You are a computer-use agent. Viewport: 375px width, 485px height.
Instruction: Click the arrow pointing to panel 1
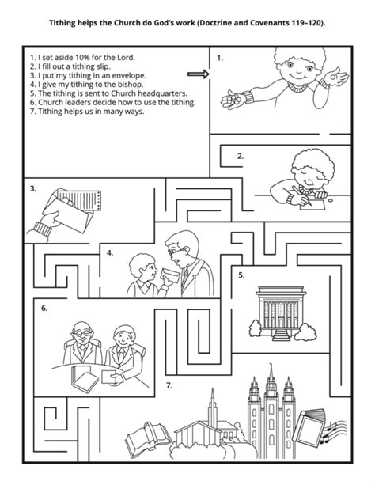199,75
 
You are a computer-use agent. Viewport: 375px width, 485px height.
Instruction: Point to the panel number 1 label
220,59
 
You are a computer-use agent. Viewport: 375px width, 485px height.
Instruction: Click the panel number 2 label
241,157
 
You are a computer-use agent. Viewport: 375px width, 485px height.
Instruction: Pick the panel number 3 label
33,189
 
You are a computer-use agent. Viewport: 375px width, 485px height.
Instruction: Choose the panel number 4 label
110,254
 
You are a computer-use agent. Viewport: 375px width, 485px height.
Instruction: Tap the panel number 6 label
44,308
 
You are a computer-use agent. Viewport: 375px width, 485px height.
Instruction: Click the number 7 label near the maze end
169,385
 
